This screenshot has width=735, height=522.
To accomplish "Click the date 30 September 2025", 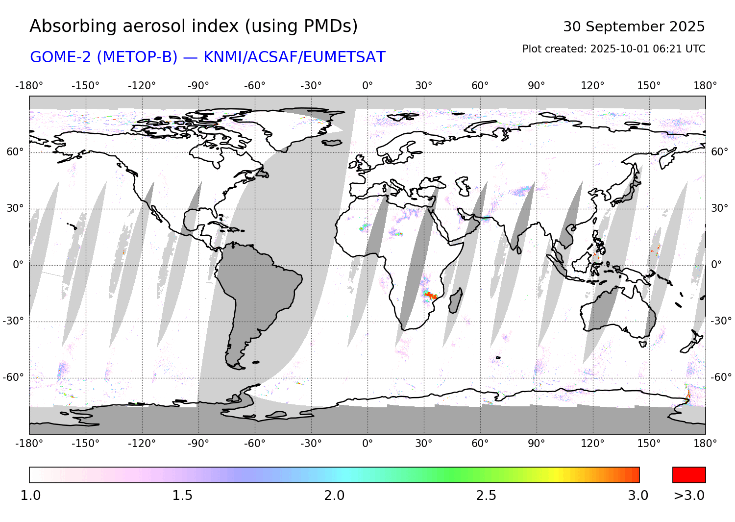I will click(634, 26).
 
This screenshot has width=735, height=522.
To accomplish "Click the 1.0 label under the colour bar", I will click(30, 496).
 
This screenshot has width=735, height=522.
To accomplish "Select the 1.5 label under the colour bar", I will click(182, 496).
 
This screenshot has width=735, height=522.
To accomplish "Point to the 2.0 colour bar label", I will click(334, 496).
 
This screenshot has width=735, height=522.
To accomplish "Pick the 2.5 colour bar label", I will click(486, 496).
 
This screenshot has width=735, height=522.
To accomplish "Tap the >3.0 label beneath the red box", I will click(689, 496).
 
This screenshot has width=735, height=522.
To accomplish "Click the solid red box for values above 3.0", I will click(689, 475).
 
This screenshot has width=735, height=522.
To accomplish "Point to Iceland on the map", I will click(332, 143).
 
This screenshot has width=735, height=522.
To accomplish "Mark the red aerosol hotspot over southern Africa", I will click(431, 296).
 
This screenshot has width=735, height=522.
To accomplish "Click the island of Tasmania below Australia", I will click(643, 344).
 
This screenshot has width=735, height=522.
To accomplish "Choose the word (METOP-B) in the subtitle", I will click(137, 57).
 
